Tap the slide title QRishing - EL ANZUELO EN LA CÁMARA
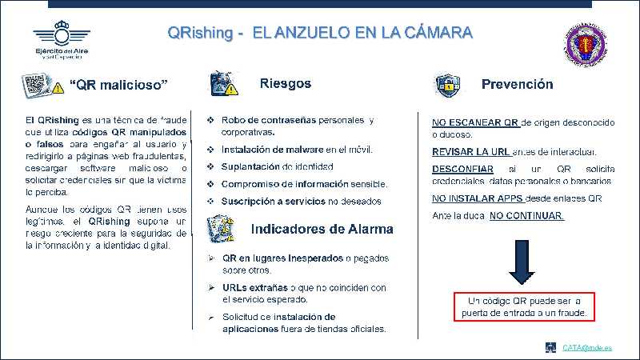(x=320, y=34)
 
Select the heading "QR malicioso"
(x=118, y=85)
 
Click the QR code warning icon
(x=42, y=84)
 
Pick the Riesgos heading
(x=286, y=83)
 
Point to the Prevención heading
(x=517, y=84)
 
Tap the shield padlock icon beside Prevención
(x=446, y=85)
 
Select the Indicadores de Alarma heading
(x=322, y=229)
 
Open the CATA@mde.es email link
(x=586, y=347)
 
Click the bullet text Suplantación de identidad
(x=277, y=166)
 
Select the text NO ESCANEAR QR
(x=476, y=122)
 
